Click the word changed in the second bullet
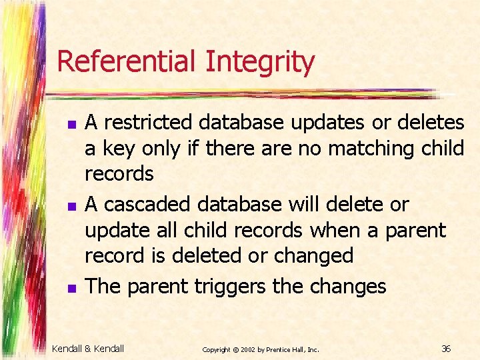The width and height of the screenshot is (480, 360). pos(315,255)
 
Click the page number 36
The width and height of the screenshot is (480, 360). pos(446,349)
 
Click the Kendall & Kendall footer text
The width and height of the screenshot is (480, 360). pos(88,349)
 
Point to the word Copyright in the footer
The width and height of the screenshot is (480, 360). pos(216,349)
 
